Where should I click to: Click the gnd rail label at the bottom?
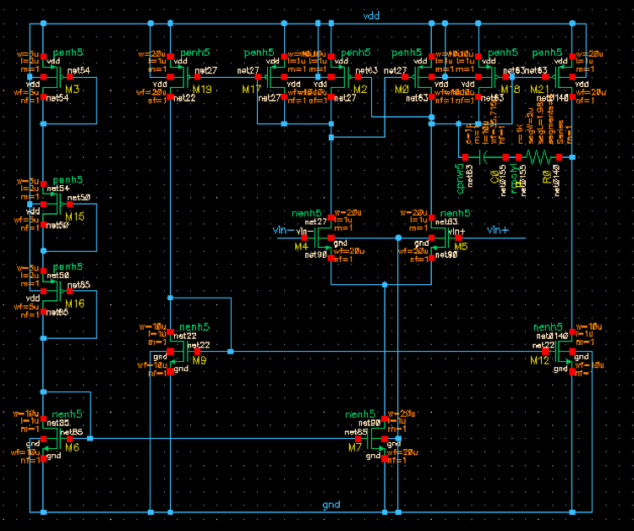point(331,505)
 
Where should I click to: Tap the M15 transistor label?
point(74,216)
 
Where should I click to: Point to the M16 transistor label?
point(74,303)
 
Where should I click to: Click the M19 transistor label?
point(201,89)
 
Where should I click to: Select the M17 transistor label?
point(252,89)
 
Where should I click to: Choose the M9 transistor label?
point(199,360)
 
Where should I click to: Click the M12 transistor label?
point(539,360)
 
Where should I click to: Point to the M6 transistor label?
point(73,446)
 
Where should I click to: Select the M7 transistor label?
point(355,446)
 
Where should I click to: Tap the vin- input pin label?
point(282,230)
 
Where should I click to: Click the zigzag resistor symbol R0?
point(538,157)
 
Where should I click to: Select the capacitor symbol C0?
point(486,157)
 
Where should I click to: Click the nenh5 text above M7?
point(361,412)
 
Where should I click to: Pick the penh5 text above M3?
point(68,52)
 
